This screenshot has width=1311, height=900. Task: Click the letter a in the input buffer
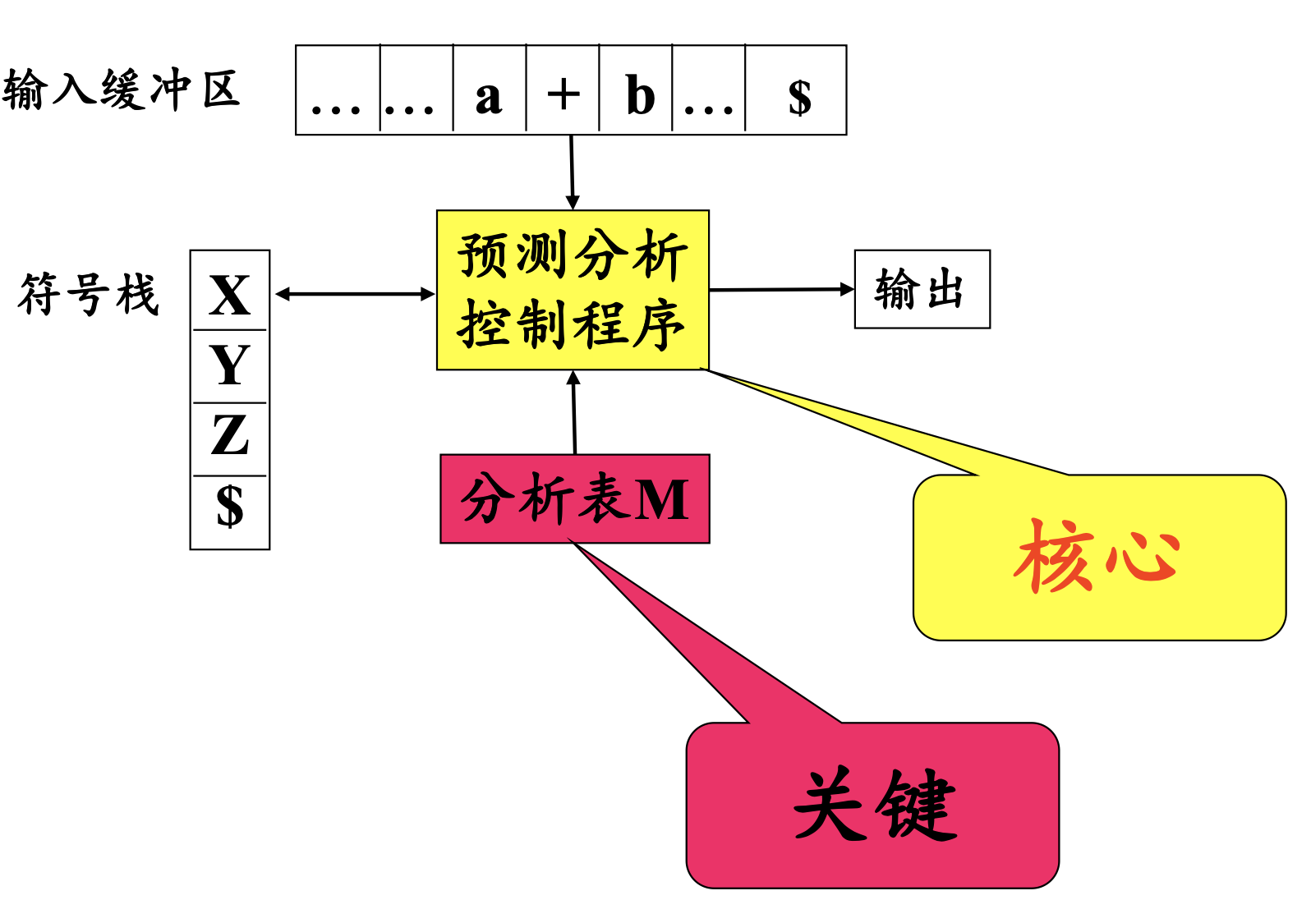[x=489, y=97]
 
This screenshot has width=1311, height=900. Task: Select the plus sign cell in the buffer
[x=563, y=94]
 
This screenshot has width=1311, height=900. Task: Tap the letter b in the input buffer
[x=639, y=95]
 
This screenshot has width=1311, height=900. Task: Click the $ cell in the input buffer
[x=798, y=97]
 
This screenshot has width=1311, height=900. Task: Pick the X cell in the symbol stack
[x=230, y=294]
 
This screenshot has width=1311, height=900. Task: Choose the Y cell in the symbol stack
[x=230, y=365]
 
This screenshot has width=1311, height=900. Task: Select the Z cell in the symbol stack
[x=230, y=436]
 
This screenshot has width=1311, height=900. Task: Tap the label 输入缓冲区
[x=121, y=90]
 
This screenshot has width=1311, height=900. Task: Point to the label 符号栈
[x=88, y=294]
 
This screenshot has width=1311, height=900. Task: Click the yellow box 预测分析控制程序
[x=573, y=289]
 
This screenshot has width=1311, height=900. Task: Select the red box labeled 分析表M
[x=574, y=498]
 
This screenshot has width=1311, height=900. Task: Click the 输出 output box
[x=922, y=289]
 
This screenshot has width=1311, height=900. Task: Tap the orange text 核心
[x=1097, y=556]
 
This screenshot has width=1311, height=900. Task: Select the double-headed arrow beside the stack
[x=355, y=294]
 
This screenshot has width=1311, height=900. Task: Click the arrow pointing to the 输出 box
[x=780, y=289]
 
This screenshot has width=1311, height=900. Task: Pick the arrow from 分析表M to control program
[x=574, y=412]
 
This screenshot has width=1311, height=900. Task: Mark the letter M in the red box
[x=661, y=499]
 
